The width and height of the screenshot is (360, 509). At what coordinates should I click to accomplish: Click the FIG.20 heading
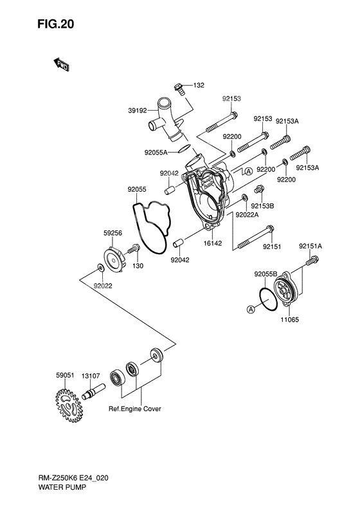click(x=56, y=24)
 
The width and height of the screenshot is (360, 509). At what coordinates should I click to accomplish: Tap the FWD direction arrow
click(x=61, y=64)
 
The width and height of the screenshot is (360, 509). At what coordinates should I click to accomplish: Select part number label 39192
click(x=138, y=111)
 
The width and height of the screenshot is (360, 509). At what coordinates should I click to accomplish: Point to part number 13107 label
click(x=91, y=376)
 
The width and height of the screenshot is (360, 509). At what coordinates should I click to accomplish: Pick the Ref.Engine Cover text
click(x=134, y=409)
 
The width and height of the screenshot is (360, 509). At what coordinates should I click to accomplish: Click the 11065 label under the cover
click(x=290, y=320)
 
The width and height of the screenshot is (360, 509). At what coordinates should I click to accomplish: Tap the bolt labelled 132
click(x=179, y=89)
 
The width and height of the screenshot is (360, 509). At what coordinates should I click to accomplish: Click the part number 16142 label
click(x=213, y=243)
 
